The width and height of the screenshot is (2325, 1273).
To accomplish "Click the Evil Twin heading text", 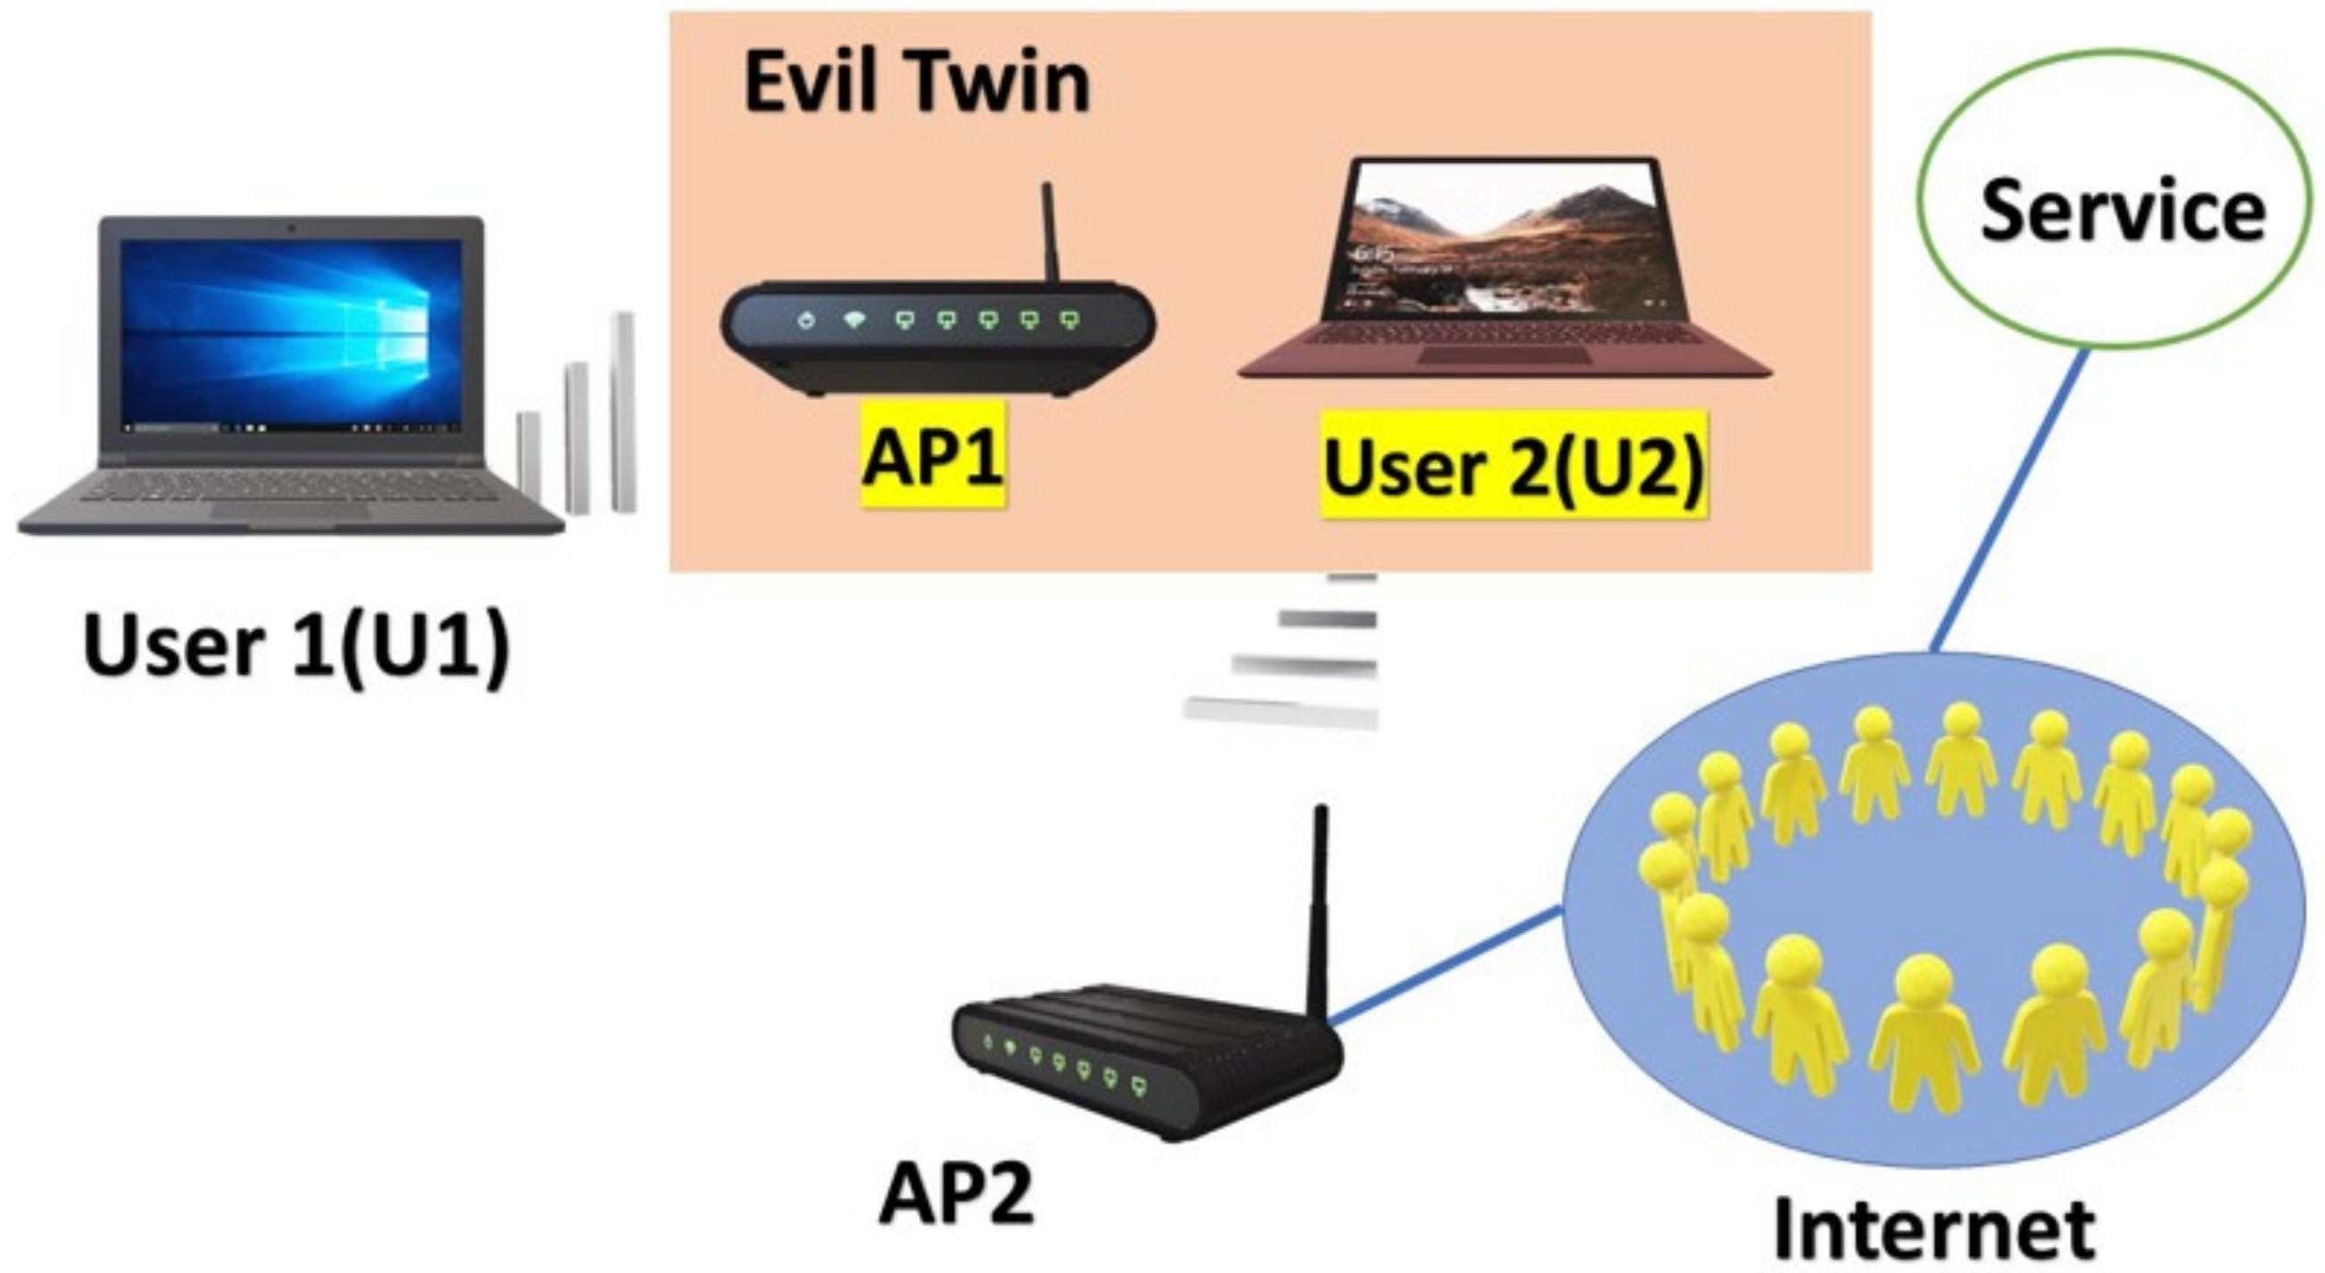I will coord(916,83).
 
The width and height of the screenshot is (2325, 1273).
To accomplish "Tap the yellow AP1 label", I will coord(932,456).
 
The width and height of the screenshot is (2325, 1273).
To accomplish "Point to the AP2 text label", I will coord(956,1194).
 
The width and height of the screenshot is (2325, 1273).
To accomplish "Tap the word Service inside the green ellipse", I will coord(2122,210).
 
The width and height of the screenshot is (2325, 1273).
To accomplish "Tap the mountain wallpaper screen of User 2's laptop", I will coord(1502,239).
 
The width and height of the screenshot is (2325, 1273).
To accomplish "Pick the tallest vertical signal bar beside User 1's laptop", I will coord(623,412).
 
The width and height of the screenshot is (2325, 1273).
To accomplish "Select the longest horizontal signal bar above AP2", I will coord(1282,712).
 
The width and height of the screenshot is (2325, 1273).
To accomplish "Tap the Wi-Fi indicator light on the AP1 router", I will coord(853,319).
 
